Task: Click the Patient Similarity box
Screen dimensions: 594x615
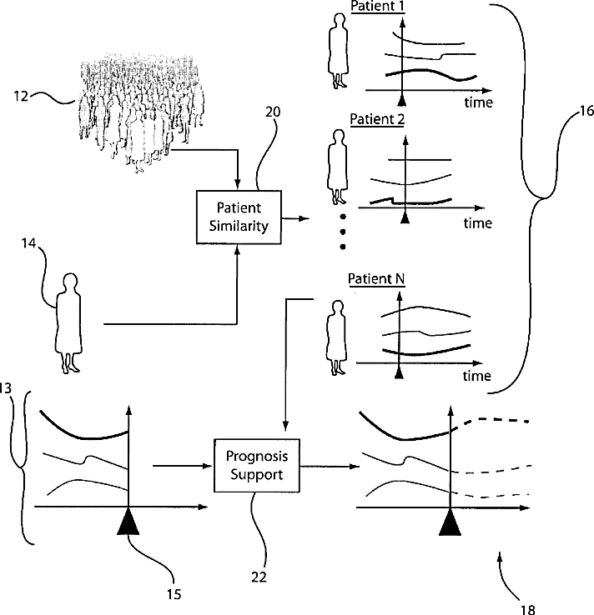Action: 239,217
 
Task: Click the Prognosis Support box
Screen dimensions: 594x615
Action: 257,465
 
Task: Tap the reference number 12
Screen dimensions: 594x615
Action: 21,96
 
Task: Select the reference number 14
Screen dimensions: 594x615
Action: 28,243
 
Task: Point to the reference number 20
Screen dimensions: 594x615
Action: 273,112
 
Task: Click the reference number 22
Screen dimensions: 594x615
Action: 259,577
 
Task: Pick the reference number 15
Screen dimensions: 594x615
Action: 174,595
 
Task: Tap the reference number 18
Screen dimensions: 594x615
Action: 527,609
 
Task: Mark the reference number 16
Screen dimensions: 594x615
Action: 586,111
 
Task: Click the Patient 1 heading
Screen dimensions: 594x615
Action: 377,7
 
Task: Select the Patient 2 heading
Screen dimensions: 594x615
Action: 377,119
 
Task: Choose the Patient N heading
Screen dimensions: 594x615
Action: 376,279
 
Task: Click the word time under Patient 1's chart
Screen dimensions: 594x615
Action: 479,102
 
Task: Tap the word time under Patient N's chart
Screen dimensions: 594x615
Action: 477,376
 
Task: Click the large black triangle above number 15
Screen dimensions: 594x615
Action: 128,522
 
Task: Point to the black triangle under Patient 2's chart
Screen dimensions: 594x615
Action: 405,217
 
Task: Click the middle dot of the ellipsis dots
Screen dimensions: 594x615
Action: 343,232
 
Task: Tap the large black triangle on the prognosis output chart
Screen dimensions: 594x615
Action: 450,522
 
